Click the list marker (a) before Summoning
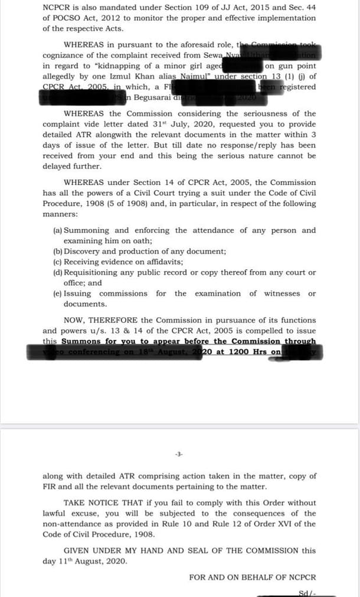tap(57, 230)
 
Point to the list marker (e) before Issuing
tap(57, 293)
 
